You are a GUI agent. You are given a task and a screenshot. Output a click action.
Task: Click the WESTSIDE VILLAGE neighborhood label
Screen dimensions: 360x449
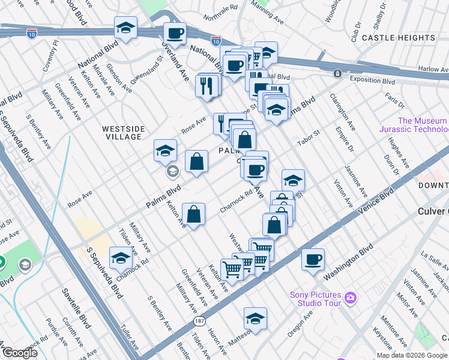click(x=122, y=133)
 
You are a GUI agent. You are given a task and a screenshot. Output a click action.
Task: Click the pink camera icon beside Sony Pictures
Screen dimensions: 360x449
click(x=351, y=297)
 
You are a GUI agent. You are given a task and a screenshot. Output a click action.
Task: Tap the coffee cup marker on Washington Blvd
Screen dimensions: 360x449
click(x=313, y=259)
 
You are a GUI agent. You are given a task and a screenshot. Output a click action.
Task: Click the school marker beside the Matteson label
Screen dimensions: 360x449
click(x=255, y=318)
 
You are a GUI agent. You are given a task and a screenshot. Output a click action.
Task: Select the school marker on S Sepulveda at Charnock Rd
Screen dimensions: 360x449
click(x=121, y=258)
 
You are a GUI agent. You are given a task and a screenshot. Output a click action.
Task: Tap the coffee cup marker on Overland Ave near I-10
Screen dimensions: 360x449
click(x=175, y=33)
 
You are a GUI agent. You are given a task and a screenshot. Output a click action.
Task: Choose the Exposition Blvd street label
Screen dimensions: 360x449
click(x=372, y=81)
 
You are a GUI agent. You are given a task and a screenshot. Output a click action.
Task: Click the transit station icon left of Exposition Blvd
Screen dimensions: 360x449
click(x=338, y=73)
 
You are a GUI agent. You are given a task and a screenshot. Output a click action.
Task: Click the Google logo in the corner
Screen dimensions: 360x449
click(x=19, y=353)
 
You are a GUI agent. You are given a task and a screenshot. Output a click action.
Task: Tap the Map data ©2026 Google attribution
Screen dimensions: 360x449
click(x=412, y=355)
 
